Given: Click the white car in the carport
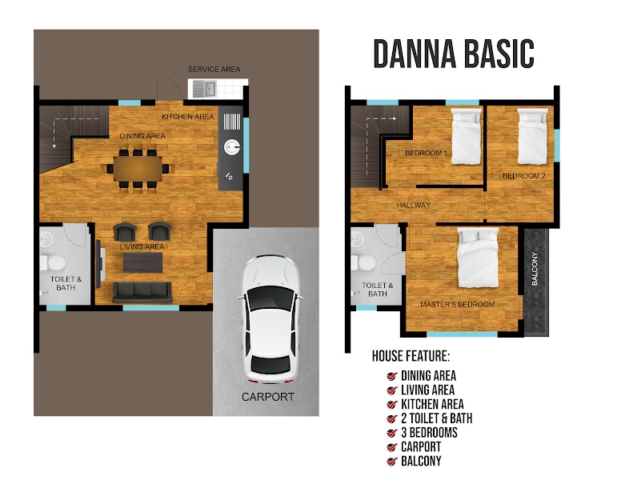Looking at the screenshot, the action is point(270,319).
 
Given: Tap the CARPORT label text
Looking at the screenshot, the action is point(268,397).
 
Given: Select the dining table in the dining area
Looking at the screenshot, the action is point(138,169).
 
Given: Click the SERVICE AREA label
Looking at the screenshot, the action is point(214,70).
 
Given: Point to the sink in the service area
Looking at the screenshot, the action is point(204,89).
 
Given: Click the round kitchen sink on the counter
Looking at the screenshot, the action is point(232,147).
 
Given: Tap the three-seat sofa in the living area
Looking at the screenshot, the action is point(142,292).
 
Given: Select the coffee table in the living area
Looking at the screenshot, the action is point(142,262).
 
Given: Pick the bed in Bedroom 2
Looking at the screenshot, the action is point(533,136).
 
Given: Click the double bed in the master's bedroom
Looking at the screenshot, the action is point(478,258).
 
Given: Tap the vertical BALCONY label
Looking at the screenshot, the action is point(535,269).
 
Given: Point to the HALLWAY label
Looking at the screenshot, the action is point(414,205).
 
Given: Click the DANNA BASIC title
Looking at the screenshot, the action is point(454,54).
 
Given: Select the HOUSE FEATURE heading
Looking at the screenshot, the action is point(411,356).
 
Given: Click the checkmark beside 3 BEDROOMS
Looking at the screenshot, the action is point(391,434).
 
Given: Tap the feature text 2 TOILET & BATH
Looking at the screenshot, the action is point(436,418).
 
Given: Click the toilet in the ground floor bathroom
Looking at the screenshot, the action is point(53,262).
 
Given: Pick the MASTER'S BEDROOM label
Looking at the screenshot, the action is point(458,304).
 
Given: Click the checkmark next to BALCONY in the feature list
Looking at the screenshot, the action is point(391,462).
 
